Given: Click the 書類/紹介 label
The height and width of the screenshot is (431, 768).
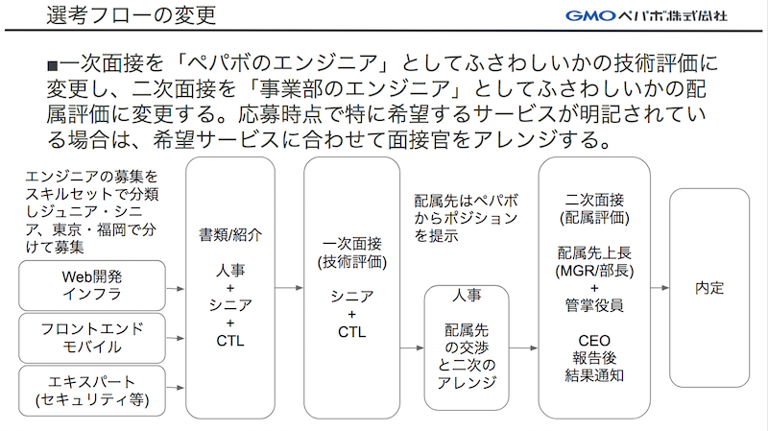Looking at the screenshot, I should coord(230,233).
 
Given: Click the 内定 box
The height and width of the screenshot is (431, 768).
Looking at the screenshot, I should coord(709,288).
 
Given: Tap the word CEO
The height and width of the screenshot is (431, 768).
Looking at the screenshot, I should coord(593,340).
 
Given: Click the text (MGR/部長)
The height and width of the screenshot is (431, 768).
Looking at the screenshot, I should coord(593,270).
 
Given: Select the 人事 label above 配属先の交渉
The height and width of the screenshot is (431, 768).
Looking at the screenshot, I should coord(467,296).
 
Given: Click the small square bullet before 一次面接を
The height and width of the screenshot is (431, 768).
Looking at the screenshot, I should coord(52,66).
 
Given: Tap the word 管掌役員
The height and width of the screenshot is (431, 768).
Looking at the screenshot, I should coord(593,305).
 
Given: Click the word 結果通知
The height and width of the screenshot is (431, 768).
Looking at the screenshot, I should coord(593,374).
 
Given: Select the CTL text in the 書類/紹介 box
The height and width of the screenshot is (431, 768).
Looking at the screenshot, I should coord(230,339).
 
